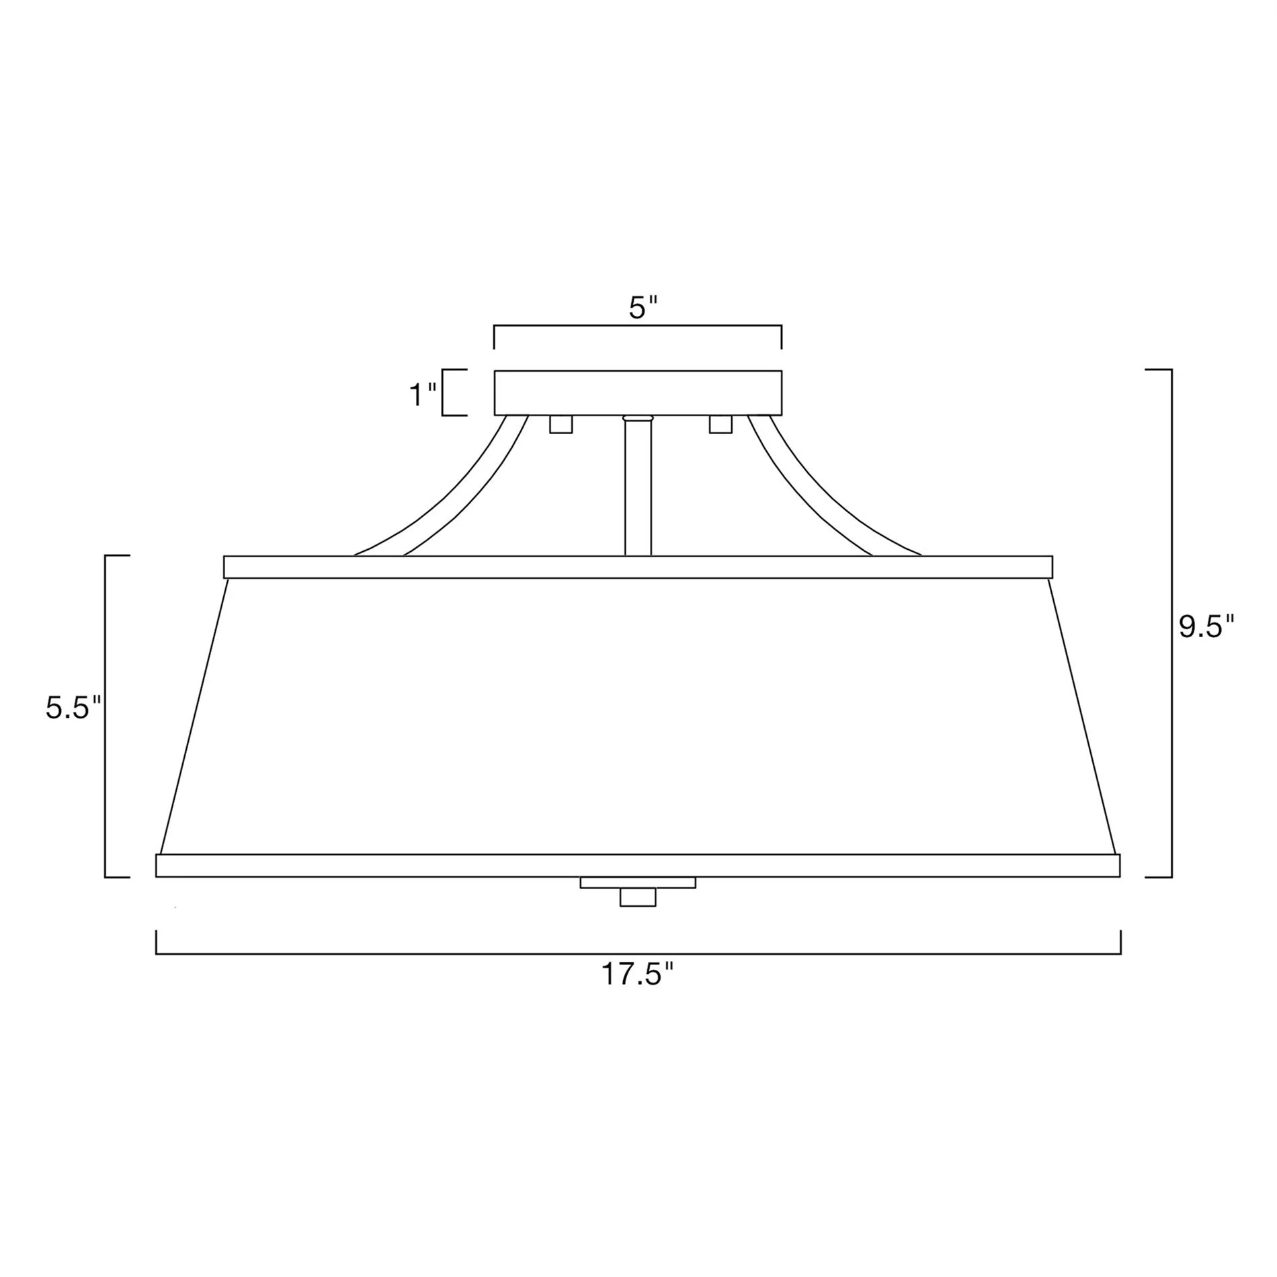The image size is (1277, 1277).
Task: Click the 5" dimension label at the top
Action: tap(642, 308)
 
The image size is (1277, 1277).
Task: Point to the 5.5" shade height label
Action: tap(73, 708)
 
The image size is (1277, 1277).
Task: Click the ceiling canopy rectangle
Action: tap(637, 393)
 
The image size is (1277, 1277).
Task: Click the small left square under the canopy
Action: tap(561, 424)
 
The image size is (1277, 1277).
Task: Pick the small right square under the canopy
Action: tap(720, 424)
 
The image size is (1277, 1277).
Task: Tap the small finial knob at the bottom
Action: tap(637, 897)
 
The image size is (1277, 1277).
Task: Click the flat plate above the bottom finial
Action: tap(637, 882)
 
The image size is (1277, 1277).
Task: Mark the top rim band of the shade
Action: tap(637, 567)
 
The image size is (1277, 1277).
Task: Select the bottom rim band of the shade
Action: tap(637, 866)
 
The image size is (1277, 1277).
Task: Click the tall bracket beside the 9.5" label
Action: tap(1171, 623)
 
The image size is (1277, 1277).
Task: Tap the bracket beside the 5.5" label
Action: tap(106, 716)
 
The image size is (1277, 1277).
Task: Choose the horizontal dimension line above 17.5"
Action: tap(637, 953)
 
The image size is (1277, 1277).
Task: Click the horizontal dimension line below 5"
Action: tap(637, 326)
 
